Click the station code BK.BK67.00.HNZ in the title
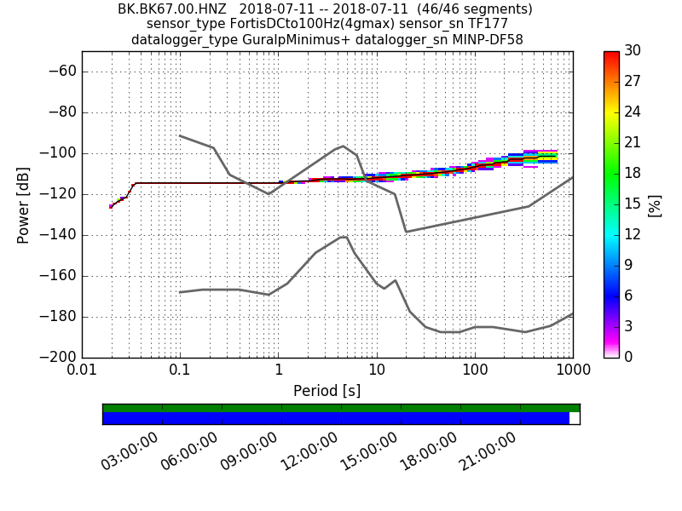tap(171, 9)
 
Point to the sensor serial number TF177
tap(488, 24)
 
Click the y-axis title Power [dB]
tap(23, 204)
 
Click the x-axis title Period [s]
tap(327, 391)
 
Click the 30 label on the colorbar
tap(633, 51)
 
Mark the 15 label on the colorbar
tap(633, 204)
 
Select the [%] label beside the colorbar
tap(654, 204)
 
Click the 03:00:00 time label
tap(130, 451)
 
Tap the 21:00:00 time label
tap(488, 451)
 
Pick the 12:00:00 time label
tap(309, 451)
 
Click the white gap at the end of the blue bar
tap(574, 418)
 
